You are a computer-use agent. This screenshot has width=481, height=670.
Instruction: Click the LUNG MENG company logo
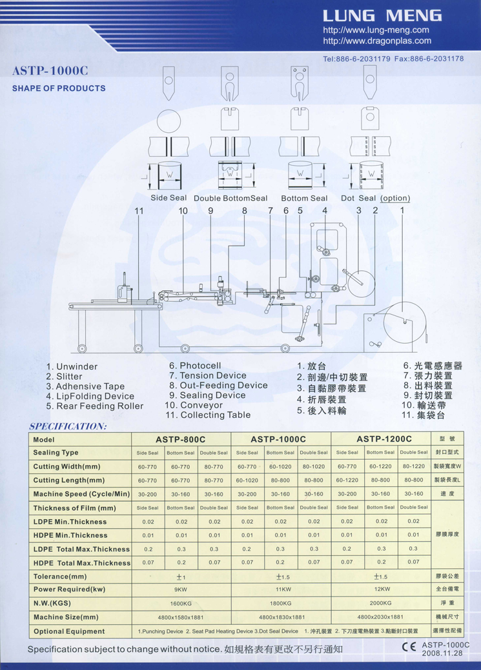(382, 16)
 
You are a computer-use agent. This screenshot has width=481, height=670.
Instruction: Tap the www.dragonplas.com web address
(377, 41)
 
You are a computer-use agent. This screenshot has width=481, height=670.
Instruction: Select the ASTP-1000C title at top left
(50, 70)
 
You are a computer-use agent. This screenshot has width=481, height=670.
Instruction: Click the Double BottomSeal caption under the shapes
(230, 198)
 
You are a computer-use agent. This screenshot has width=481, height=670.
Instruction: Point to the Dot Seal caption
(358, 198)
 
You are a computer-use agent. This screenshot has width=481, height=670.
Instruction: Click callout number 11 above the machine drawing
(139, 211)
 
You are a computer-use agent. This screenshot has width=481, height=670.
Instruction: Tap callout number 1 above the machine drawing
(402, 210)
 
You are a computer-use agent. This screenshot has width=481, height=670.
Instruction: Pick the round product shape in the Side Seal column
(169, 121)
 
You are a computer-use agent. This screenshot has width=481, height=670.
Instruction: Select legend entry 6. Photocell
(195, 366)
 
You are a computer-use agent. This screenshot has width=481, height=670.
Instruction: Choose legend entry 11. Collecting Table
(207, 415)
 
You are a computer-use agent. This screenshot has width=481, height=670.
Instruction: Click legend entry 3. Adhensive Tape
(85, 386)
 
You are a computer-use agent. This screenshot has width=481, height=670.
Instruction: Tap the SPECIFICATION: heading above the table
(68, 426)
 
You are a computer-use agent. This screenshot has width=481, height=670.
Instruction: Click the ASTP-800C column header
(181, 439)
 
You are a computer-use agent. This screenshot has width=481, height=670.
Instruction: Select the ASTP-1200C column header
(384, 439)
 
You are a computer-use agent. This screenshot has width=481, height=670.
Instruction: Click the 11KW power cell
(283, 589)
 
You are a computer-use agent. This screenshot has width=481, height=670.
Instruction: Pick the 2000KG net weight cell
(380, 603)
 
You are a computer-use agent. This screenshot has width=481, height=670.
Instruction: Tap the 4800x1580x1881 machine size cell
(181, 617)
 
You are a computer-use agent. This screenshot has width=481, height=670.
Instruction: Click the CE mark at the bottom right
(409, 647)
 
